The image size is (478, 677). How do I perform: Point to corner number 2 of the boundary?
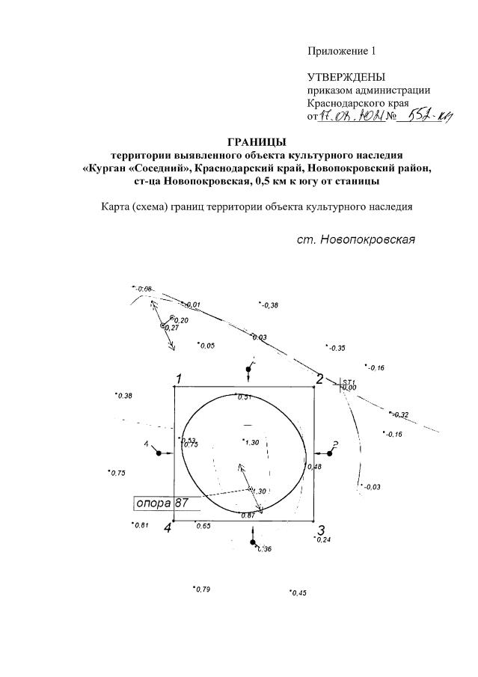coord(319,379)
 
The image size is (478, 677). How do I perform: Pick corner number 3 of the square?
coord(320,530)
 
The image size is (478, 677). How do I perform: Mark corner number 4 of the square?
coord(168,528)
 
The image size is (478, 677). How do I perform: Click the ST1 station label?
coord(348,382)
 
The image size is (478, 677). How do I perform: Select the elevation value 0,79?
coord(203,589)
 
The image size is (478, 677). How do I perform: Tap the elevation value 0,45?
coord(298,592)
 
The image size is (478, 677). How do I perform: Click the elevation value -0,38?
coord(269,305)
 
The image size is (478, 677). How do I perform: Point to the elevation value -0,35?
coord(337,349)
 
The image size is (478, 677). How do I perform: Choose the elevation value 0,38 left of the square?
coord(123,396)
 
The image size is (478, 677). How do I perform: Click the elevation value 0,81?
coord(141,524)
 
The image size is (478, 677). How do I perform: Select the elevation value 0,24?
coord(323,539)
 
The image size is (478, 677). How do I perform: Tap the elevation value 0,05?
coord(206,346)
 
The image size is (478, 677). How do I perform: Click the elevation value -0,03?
coord(371,488)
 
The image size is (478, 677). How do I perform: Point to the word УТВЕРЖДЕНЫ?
coord(346,77)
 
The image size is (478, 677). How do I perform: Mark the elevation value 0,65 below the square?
coord(203,527)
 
